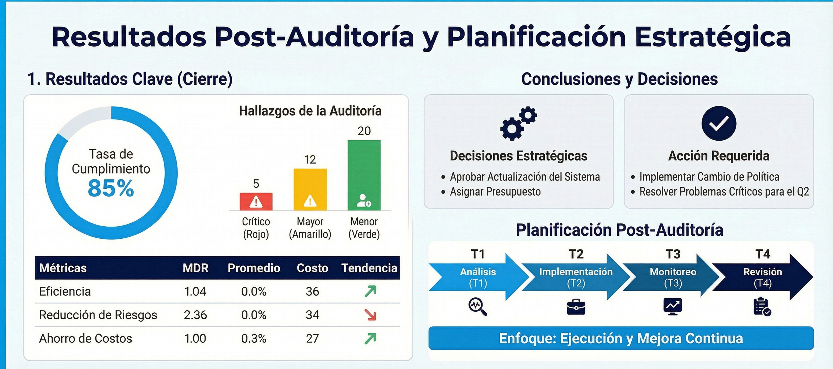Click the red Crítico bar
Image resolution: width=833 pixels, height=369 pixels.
pyautogui.click(x=256, y=201)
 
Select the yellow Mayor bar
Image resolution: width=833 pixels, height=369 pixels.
pyautogui.click(x=310, y=189)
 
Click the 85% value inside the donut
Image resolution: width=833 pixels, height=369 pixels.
pyautogui.click(x=111, y=188)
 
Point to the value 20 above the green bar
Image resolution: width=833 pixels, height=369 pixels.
pyautogui.click(x=364, y=131)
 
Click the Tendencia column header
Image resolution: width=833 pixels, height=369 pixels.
pyautogui.click(x=369, y=268)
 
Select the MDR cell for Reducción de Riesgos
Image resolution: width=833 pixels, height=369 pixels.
pyautogui.click(x=195, y=315)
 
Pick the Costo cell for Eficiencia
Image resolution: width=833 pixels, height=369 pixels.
pyautogui.click(x=312, y=291)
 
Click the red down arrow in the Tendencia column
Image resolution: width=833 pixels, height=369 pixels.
pyautogui.click(x=370, y=315)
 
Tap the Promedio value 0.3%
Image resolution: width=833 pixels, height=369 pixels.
pyautogui.click(x=254, y=338)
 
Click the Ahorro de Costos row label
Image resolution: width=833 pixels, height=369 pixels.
pyautogui.click(x=86, y=338)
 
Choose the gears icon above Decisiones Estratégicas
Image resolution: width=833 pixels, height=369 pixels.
pyautogui.click(x=518, y=123)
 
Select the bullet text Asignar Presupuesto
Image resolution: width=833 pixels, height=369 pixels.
pyautogui.click(x=495, y=192)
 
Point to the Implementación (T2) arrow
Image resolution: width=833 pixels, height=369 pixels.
pyautogui.click(x=576, y=277)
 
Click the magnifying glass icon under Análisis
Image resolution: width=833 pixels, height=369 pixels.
pyautogui.click(x=478, y=306)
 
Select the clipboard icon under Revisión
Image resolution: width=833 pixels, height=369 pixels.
pyautogui.click(x=762, y=306)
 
